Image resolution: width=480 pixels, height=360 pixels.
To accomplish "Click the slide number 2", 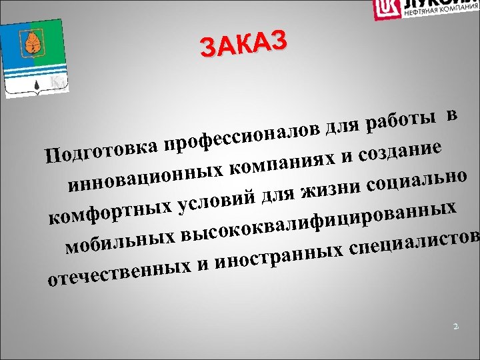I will pyautogui.click(x=455, y=327).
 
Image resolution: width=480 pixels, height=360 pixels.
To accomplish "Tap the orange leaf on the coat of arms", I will pyautogui.click(x=31, y=43).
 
